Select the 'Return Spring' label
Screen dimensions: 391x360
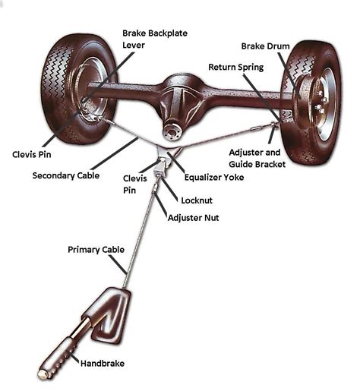(235, 68)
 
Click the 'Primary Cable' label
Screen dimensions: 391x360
(96, 249)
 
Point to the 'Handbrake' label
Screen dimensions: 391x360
(105, 364)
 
